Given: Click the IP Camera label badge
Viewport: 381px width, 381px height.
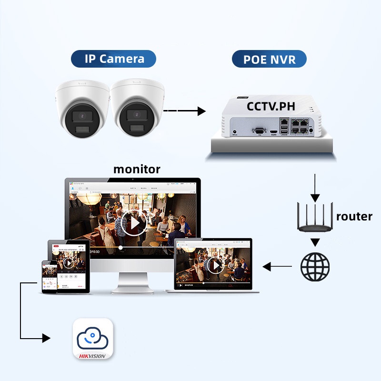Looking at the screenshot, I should coord(114,59).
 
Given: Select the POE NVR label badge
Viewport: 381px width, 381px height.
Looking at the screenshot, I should coord(269,60).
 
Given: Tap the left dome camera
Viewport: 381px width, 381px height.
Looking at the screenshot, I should coord(82,109).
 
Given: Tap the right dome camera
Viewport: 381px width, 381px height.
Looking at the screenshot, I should coord(136,109).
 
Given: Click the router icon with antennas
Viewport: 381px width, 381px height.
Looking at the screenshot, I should coord(314,217).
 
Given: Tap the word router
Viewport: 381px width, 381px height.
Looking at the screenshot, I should coord(354,216).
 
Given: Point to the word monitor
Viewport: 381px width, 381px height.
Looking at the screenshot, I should coord(137,169).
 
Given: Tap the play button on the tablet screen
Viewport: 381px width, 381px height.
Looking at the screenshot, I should coord(68,263).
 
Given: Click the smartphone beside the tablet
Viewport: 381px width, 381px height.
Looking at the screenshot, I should coord(49,276).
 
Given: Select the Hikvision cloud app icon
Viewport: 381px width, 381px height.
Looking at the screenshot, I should coord(93,339).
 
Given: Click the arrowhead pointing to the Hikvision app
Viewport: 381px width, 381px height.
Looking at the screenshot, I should coord(46,338).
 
